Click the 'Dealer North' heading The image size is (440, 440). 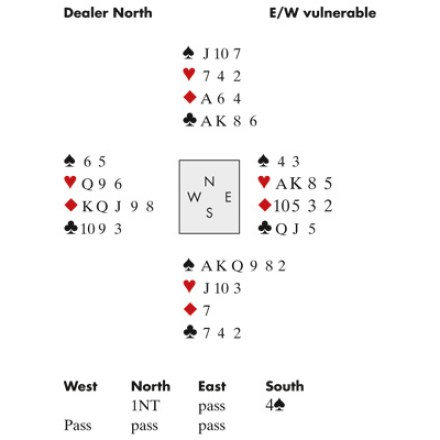108,13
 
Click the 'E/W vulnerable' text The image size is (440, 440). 322,13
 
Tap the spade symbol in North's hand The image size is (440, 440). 189,53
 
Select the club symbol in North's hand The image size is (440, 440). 190,120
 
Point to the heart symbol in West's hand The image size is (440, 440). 70,182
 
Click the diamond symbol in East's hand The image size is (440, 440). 265,205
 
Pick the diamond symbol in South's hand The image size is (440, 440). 190,309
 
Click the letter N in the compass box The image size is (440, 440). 209,182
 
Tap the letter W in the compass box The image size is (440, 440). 194,197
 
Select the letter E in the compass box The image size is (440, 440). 228,197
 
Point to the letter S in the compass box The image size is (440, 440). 209,213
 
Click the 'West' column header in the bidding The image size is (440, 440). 81,386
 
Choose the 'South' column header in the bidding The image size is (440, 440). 285,386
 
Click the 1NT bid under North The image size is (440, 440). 146,405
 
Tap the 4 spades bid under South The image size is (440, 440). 275,405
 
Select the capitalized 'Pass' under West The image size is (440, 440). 78,425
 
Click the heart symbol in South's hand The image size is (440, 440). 189,287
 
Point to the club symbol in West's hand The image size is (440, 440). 71,228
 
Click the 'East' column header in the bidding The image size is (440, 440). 212,386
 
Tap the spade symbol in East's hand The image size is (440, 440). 264,161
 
